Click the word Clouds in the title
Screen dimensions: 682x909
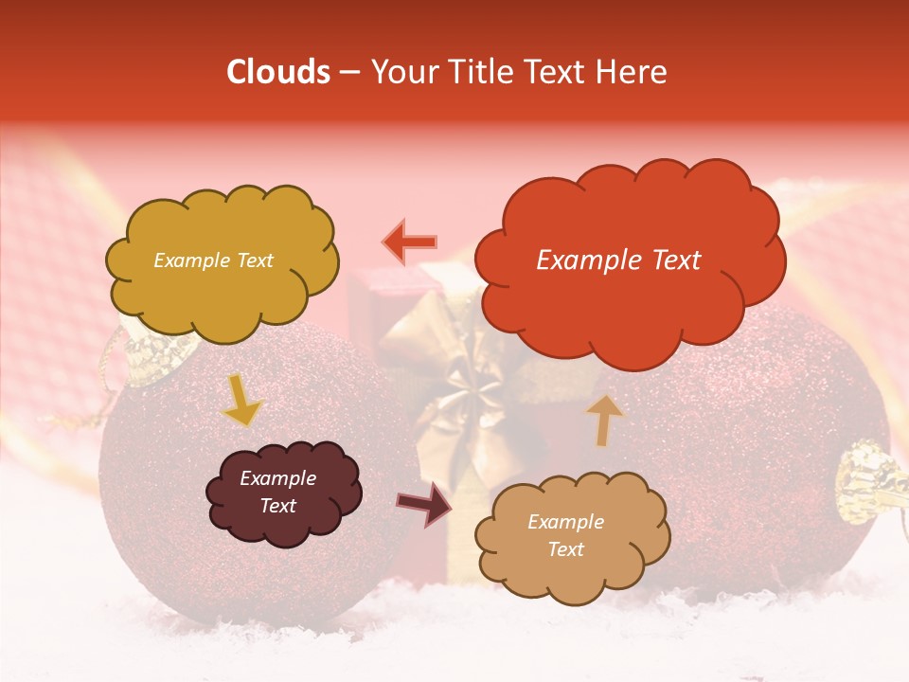(x=278, y=72)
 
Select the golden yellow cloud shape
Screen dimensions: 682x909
(x=221, y=260)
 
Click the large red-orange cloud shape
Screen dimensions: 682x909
(x=630, y=260)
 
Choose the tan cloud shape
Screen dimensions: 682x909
(x=572, y=536)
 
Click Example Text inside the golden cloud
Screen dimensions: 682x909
(x=213, y=260)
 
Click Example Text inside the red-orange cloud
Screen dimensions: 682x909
(x=618, y=260)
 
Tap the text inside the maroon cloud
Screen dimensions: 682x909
(x=277, y=492)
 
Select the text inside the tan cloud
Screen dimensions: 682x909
(x=565, y=535)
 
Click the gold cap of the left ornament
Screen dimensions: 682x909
(x=151, y=358)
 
